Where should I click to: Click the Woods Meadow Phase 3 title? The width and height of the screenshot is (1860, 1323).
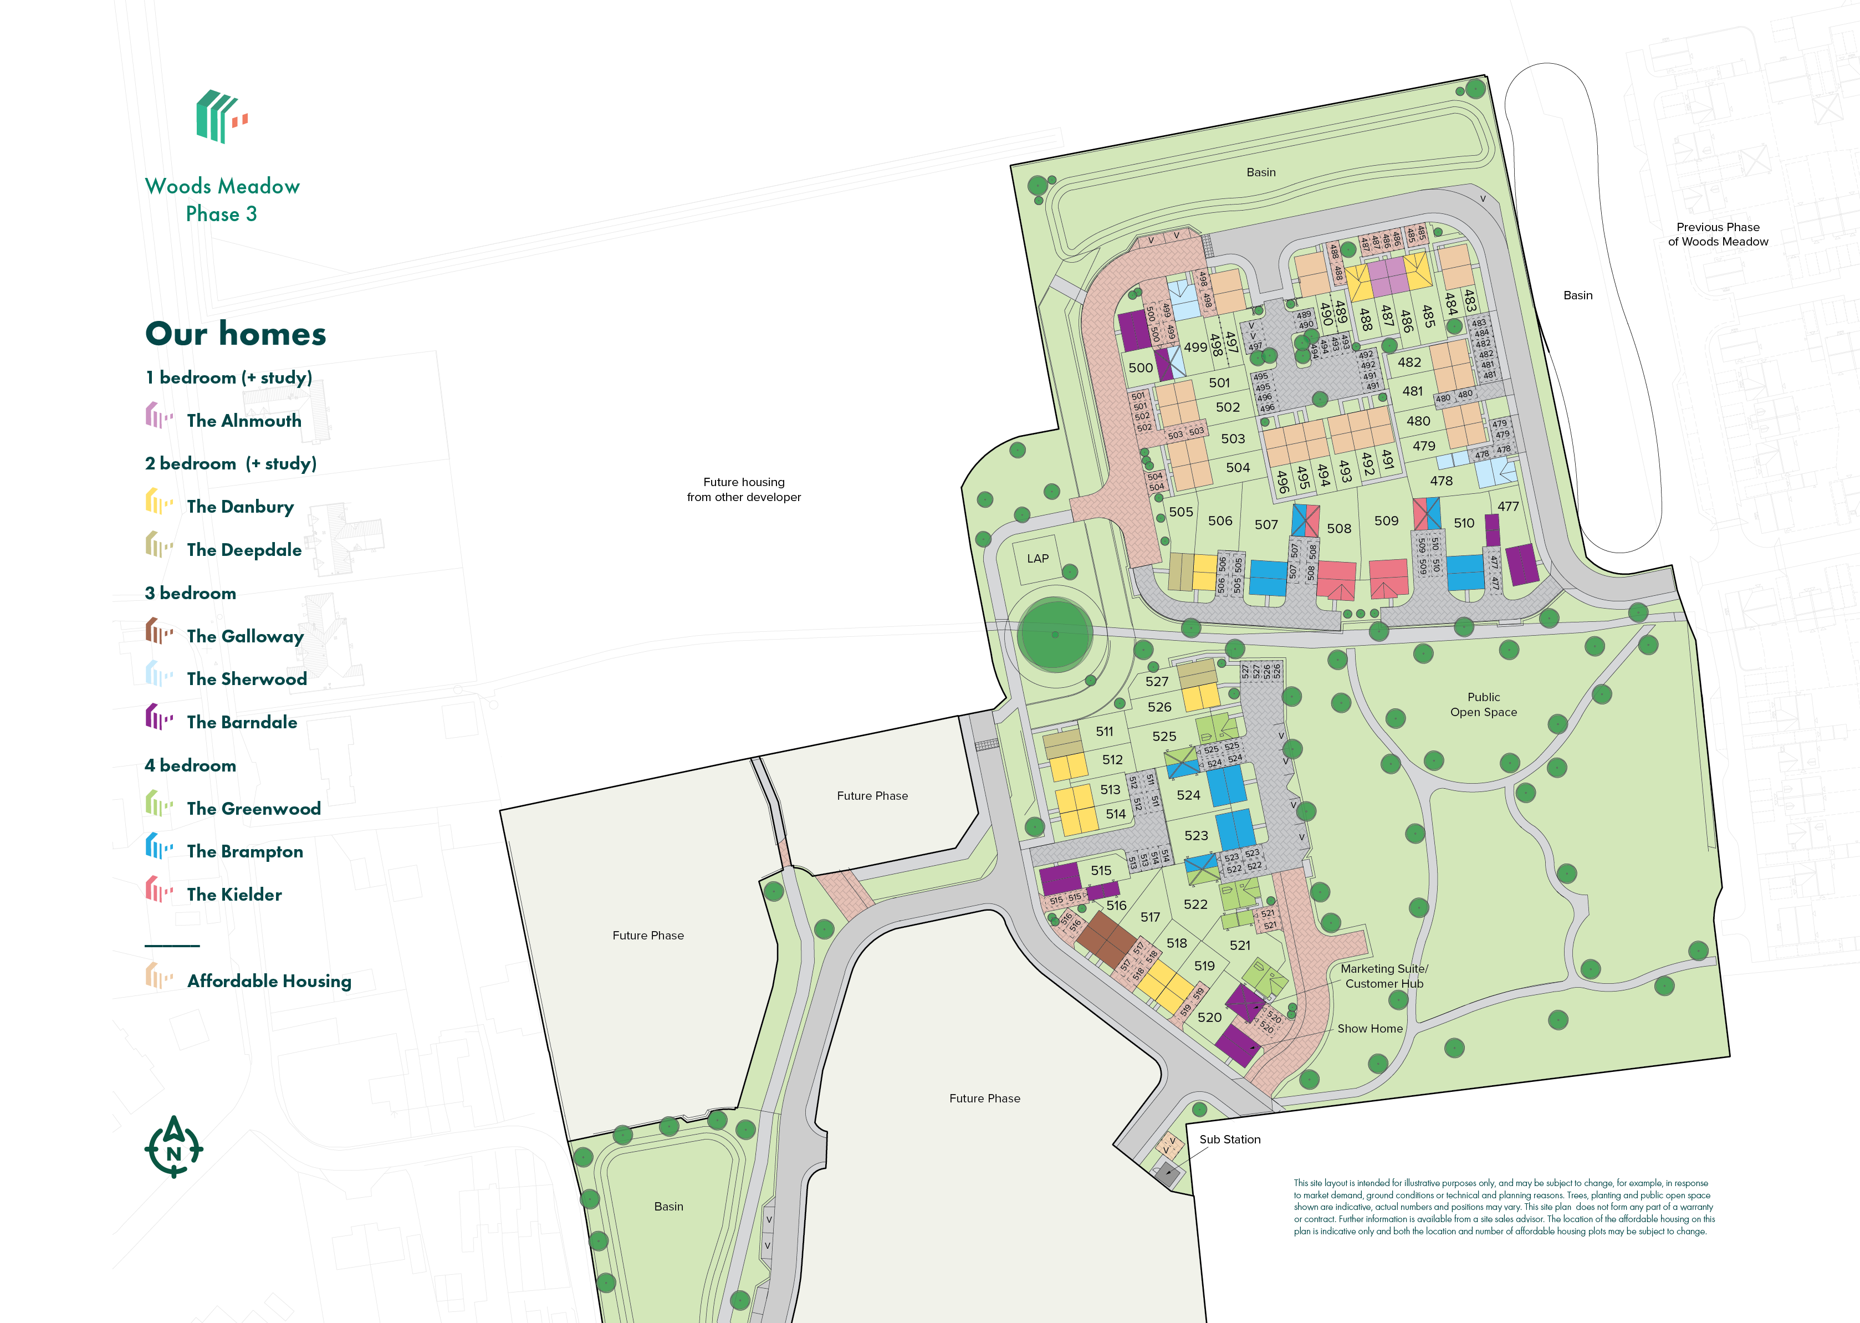click(222, 200)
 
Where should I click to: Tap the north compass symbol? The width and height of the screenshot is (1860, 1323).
click(173, 1148)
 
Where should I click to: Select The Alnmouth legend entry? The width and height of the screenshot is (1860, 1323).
click(244, 420)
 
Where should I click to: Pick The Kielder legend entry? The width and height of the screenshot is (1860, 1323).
click(234, 895)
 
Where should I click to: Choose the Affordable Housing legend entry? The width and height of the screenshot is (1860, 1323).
click(269, 981)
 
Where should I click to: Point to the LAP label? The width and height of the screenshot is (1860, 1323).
click(1037, 558)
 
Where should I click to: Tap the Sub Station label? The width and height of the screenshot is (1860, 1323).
click(1229, 1139)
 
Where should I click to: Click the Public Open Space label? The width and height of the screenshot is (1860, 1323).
click(1483, 704)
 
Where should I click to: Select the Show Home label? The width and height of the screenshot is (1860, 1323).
click(1370, 1028)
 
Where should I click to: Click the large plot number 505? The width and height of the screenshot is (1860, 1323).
click(1181, 512)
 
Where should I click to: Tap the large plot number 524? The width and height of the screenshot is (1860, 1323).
click(1188, 795)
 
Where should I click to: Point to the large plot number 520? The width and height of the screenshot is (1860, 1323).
click(1209, 1018)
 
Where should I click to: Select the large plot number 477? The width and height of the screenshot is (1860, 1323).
click(1508, 506)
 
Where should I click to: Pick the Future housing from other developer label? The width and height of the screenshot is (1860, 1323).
click(743, 489)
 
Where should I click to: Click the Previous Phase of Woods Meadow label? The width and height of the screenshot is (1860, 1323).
click(1718, 234)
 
